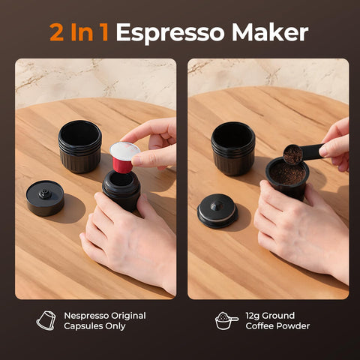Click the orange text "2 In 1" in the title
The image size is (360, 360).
[79, 32]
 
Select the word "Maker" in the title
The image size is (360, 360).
[270, 32]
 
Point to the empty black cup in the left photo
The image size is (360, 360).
[79, 145]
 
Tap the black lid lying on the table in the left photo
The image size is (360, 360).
[45, 198]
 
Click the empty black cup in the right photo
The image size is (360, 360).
[232, 147]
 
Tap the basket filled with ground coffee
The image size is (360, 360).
[287, 178]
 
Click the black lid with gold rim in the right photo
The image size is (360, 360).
[217, 211]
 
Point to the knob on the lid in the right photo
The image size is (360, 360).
[217, 203]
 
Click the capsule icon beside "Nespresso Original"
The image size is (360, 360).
[46, 320]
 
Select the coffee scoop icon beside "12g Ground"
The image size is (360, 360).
[226, 320]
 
